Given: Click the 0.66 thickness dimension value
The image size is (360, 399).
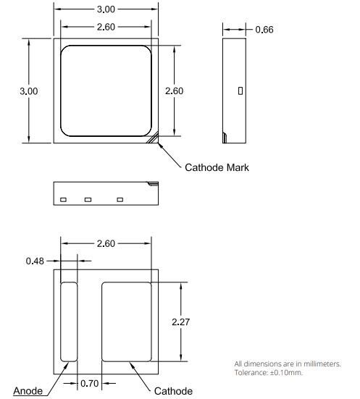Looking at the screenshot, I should pos(264,30).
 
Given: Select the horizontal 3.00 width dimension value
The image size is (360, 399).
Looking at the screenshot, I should pos(105,10).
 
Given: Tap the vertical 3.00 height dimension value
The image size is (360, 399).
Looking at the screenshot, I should pos(29,91).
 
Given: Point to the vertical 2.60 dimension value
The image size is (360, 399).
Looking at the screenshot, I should pos(175,91).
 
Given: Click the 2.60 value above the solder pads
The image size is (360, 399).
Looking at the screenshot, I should pos(106,243).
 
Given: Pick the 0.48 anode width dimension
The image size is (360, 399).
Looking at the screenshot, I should pos(35,260).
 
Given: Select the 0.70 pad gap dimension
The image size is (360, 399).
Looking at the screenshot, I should pos(89,383).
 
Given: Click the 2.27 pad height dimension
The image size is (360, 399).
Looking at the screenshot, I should pos(180,322).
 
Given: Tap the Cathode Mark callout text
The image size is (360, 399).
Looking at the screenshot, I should pos(217,167).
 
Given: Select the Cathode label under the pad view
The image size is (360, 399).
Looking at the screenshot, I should pos(174,391).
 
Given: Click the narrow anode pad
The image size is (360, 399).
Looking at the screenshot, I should pos(69,322).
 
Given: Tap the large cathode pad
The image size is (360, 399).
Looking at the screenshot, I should pos(126,322).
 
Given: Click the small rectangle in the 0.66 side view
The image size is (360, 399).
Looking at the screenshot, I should pos(240,91).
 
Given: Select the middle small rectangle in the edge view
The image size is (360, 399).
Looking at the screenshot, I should pos(88,199).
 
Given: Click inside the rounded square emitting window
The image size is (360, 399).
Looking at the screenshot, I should pos(105,91).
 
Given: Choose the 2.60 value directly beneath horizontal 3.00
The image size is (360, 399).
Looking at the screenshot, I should pos(105,27).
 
